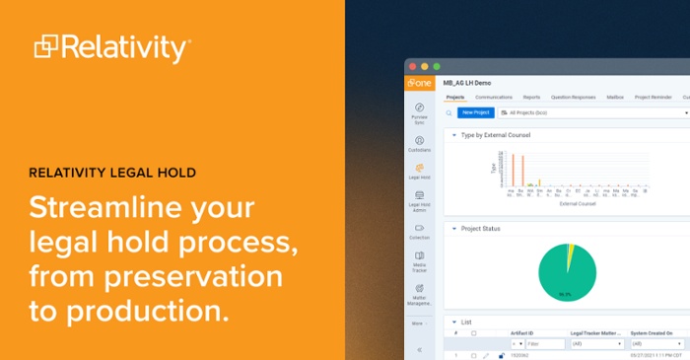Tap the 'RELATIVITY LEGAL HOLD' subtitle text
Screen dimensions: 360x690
pos(111,173)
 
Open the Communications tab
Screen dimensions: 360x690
pos(494,98)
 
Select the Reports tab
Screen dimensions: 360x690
pos(531,98)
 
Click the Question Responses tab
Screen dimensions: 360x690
pos(573,98)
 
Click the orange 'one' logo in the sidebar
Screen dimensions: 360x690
pos(419,84)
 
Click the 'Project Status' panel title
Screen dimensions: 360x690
pos(481,228)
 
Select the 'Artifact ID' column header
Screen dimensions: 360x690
pos(523,332)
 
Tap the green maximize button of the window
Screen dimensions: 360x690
pos(437,66)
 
